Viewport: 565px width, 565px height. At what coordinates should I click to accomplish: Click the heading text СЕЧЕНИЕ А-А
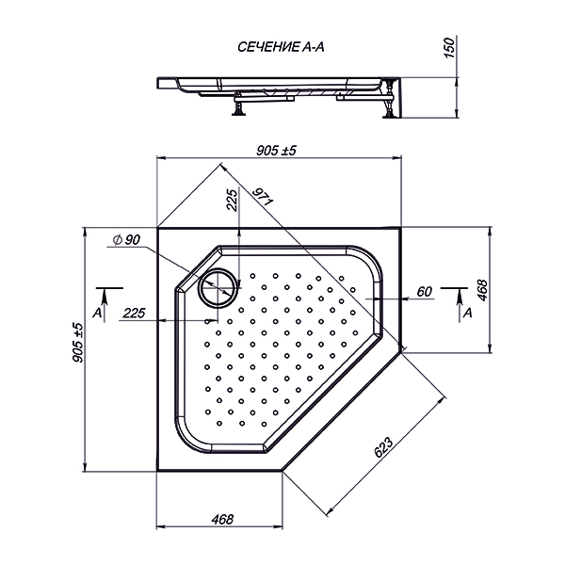[x=281, y=47]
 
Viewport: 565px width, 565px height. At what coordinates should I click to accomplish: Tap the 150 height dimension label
[x=449, y=48]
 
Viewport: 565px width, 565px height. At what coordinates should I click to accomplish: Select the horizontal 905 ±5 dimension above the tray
[x=276, y=151]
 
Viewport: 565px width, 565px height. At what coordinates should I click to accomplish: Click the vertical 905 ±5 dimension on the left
[x=77, y=343]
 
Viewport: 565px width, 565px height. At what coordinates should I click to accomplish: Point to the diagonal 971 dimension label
[x=263, y=197]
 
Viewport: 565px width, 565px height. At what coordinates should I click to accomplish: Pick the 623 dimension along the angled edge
[x=383, y=447]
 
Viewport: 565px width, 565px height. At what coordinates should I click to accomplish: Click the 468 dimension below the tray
[x=222, y=519]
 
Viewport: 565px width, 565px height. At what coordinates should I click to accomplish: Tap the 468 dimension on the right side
[x=482, y=290]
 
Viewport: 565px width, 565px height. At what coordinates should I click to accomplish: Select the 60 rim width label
[x=424, y=291]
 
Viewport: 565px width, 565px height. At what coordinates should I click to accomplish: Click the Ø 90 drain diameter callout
[x=126, y=239]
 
